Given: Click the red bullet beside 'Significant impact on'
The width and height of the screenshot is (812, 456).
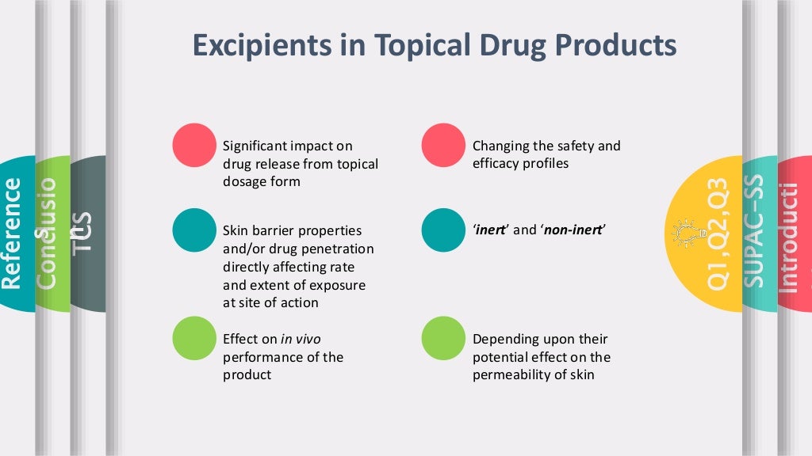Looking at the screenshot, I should pos(194,146).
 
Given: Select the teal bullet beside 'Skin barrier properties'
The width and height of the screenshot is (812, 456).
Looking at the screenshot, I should pos(194,230).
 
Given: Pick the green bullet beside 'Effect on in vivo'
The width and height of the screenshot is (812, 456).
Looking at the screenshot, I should pos(194,338).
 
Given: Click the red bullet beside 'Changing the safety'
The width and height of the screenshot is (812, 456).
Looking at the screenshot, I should pos(443,146).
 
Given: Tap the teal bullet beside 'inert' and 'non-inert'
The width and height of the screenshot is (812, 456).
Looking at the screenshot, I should pos(443,230).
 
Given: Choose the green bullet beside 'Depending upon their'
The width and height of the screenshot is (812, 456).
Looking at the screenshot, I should pos(443,338).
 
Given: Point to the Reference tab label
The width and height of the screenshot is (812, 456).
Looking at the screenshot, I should pos(12,233).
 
